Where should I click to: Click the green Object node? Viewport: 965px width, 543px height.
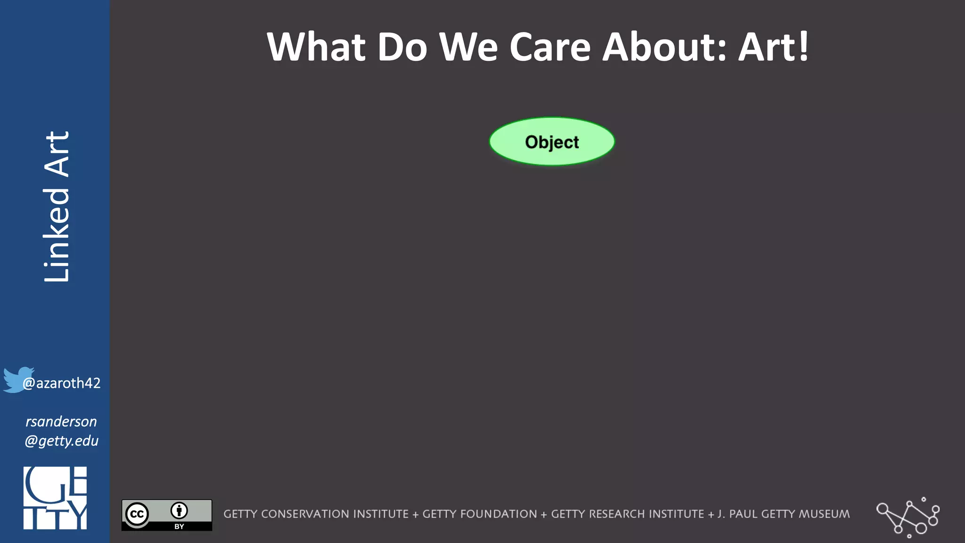click(x=552, y=141)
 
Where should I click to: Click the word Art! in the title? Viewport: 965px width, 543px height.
click(x=773, y=47)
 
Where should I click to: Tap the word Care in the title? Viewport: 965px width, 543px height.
click(x=550, y=47)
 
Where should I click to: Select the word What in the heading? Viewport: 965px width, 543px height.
click(x=316, y=47)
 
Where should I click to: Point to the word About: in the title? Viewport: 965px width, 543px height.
click(x=665, y=47)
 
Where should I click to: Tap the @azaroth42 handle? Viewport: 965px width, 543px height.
click(x=62, y=383)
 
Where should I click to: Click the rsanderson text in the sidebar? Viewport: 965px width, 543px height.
click(x=61, y=421)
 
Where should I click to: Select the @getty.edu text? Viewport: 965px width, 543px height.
click(x=61, y=441)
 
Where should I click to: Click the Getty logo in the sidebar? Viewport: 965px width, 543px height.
click(x=55, y=498)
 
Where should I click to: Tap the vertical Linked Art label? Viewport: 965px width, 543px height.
click(x=57, y=206)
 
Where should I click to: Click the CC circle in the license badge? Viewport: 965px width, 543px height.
click(x=137, y=514)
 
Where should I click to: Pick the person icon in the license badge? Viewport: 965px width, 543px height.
click(x=179, y=510)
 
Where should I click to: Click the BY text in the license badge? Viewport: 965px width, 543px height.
click(x=179, y=527)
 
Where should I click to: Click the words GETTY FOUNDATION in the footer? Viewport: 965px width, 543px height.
click(x=480, y=514)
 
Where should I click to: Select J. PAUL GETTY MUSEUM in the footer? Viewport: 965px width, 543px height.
click(x=784, y=514)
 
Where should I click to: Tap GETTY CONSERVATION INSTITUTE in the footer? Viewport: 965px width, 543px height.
click(x=316, y=514)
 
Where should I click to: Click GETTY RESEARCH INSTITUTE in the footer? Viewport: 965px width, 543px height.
click(x=628, y=514)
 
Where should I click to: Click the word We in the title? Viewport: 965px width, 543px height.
click(x=468, y=47)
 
